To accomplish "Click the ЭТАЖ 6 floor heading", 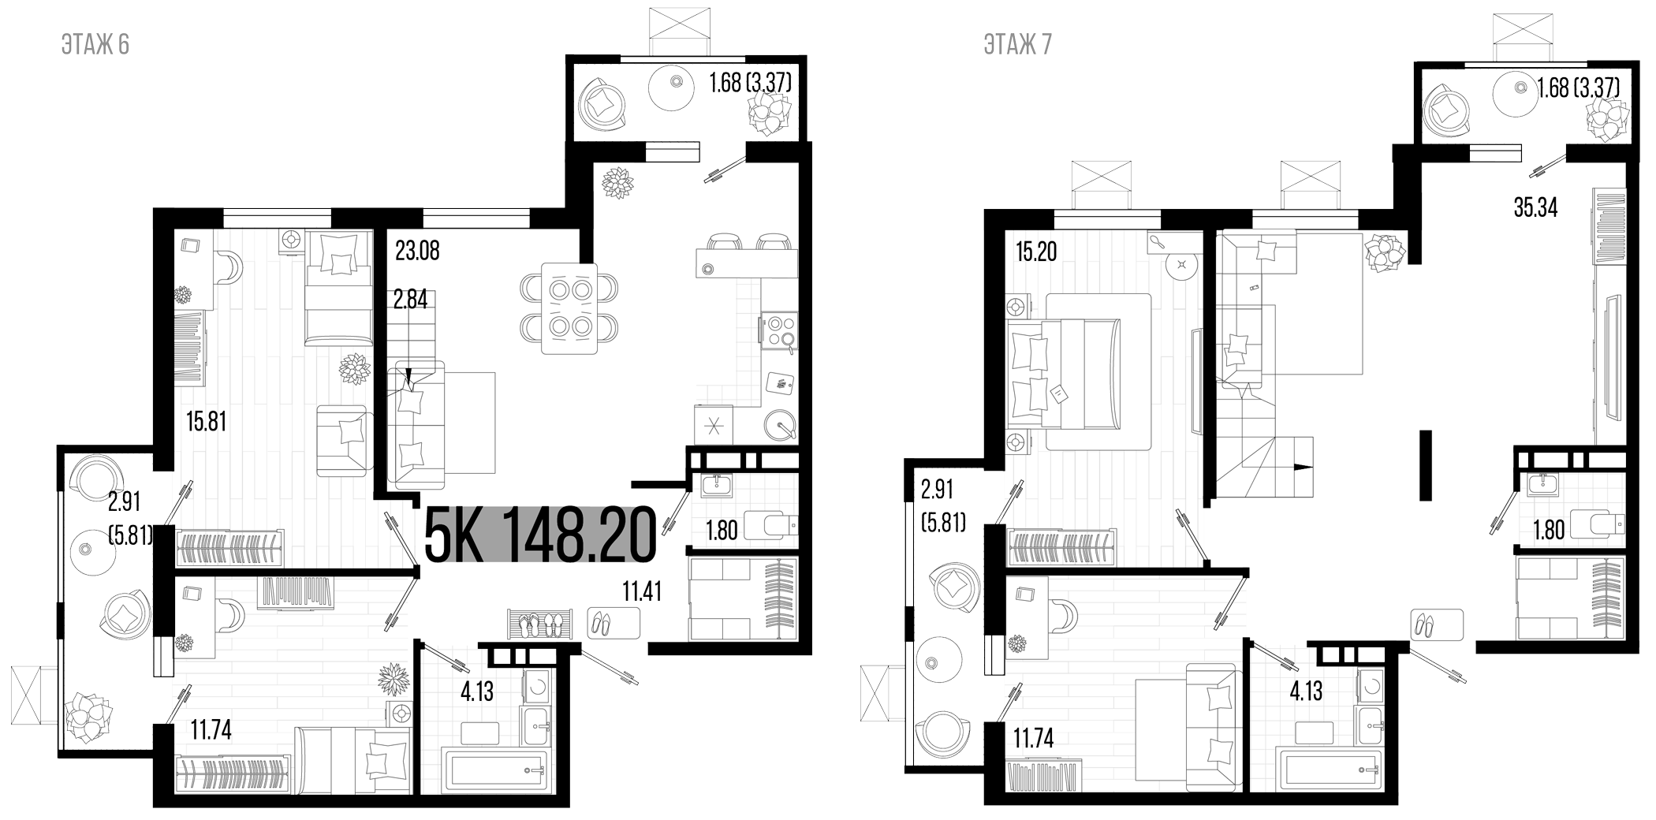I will (x=95, y=45).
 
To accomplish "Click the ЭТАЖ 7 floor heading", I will (x=1017, y=45).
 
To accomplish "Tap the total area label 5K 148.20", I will (x=540, y=535).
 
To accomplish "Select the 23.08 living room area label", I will (x=417, y=252).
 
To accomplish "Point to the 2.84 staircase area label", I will (x=411, y=300).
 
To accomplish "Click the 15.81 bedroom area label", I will (x=206, y=422).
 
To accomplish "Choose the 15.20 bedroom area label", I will (x=1035, y=252).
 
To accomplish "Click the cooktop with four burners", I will (x=779, y=329).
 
